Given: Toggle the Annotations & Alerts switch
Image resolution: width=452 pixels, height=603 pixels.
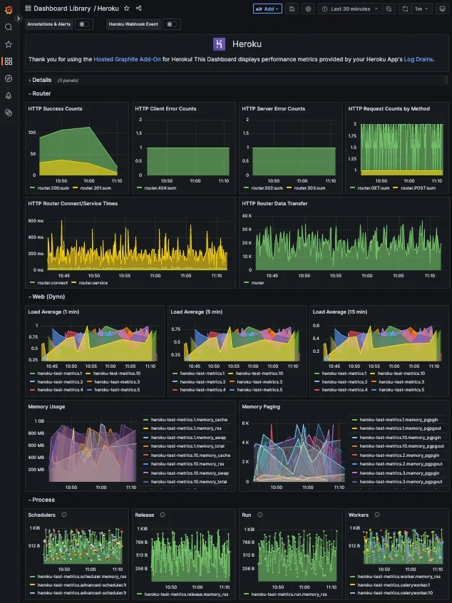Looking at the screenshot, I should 83,24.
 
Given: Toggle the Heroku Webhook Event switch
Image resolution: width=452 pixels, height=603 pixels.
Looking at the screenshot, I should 171,24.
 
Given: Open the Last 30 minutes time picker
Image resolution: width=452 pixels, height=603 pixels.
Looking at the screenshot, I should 350,9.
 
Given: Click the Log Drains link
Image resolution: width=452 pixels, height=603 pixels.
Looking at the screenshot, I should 418,59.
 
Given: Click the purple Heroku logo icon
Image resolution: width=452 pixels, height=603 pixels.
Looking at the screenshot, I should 220,44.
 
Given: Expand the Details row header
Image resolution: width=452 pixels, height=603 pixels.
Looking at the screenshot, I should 41,80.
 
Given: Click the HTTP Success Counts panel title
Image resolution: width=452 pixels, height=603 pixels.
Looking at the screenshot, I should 55,109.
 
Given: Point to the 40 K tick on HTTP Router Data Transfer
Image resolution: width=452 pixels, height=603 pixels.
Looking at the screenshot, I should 247,215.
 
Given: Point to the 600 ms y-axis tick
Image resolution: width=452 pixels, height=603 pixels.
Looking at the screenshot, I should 36,221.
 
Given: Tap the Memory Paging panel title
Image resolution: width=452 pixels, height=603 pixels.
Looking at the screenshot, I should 261,406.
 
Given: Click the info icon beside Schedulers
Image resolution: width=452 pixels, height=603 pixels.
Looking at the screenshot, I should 64,515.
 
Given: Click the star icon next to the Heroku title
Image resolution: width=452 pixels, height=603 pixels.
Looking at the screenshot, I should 126,9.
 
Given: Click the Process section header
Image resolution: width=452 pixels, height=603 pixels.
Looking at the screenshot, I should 43,500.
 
